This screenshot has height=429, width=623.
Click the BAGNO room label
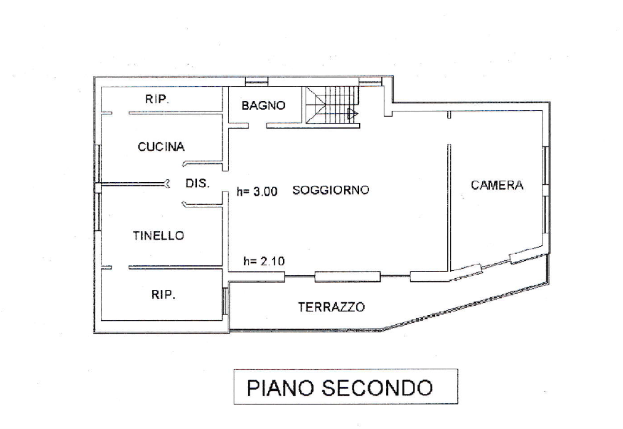pos(263,105)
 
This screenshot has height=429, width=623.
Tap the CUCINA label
pos(161,146)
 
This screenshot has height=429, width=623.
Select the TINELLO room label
pos(159,235)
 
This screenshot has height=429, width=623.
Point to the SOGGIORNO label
pos(331,190)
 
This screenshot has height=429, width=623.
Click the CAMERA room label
pos(497,185)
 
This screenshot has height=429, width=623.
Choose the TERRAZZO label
pos(331,307)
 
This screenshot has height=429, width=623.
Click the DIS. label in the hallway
pos(197,183)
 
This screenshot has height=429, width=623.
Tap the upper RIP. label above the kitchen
pos(157,99)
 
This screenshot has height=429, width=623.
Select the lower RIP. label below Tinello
pos(164,295)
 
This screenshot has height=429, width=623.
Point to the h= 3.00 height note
pos(257,191)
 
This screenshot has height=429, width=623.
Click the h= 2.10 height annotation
pos(264,261)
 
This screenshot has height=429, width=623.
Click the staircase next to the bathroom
pos(333,106)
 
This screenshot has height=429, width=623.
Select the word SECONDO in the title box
pos(377,387)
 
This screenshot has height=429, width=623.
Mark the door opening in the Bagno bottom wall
pos(258,125)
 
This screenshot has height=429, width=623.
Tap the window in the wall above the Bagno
pos(256,81)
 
